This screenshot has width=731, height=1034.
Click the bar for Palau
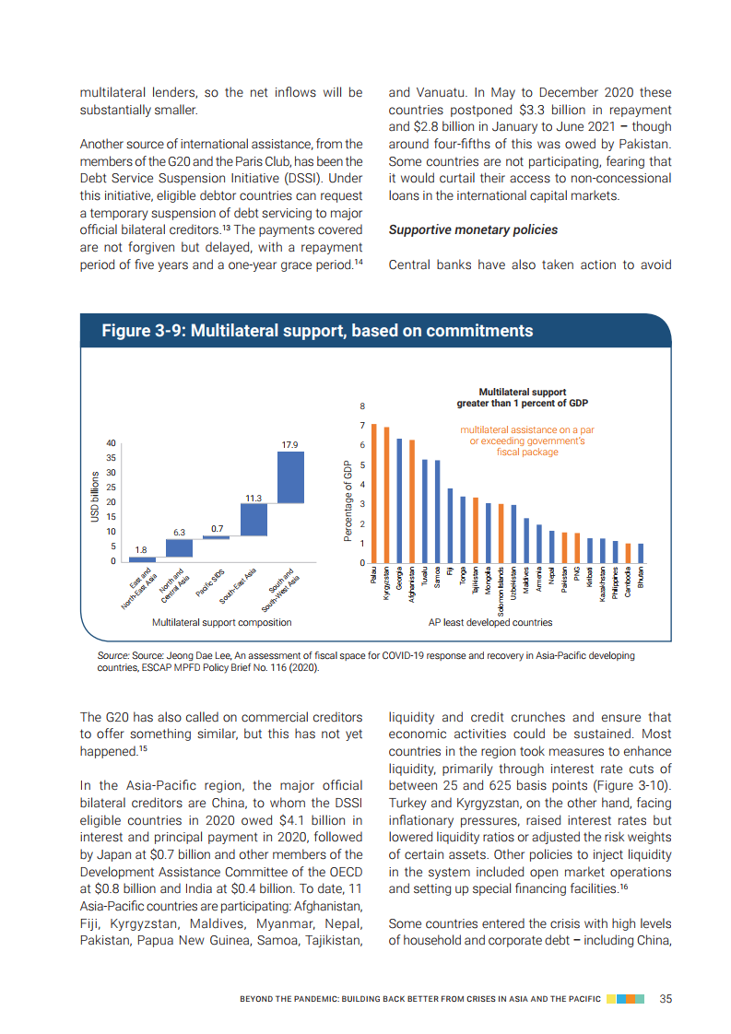click(x=374, y=493)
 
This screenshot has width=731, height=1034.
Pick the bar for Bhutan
click(x=641, y=553)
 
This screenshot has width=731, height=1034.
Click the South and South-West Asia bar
click(x=291, y=477)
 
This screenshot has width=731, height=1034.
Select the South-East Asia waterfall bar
click(x=253, y=520)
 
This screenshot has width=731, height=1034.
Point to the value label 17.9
click(x=291, y=445)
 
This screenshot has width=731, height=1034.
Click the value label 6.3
click(x=180, y=533)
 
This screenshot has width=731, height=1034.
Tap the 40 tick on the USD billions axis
click(x=112, y=443)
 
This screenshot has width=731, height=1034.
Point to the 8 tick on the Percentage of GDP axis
click(x=362, y=406)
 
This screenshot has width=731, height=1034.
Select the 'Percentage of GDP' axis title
click(x=348, y=500)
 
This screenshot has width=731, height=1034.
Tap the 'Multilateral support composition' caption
click(x=221, y=623)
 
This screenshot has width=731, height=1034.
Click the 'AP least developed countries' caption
click(x=490, y=623)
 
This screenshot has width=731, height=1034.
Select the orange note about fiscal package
click(x=527, y=441)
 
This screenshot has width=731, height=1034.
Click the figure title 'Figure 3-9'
click(x=316, y=331)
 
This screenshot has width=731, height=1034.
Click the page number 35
click(x=666, y=998)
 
